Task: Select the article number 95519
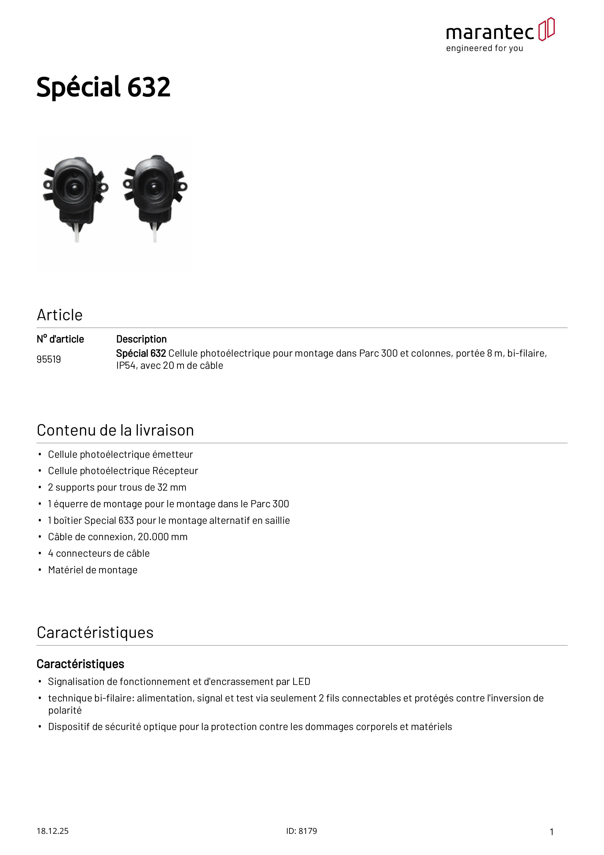tap(49, 359)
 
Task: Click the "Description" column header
tap(142, 339)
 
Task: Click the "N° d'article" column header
tap(60, 339)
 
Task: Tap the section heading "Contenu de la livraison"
tap(115, 430)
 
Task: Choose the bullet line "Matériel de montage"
tap(93, 570)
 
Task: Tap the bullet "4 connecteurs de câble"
tap(99, 553)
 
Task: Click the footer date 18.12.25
tap(52, 831)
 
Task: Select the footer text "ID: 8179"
tap(302, 831)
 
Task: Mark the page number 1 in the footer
tap(552, 832)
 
